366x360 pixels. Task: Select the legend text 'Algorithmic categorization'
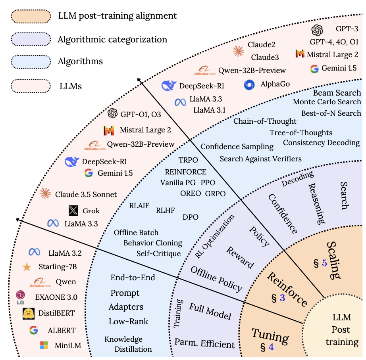pos(112,39)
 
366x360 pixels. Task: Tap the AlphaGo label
pos(275,84)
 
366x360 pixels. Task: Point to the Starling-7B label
pos(58,267)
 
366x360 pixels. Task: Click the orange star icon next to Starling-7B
pos(27,267)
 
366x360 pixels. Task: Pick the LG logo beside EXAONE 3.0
pos(20,297)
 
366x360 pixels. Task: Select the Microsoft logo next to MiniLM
pos(44,345)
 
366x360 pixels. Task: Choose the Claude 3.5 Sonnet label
pos(86,194)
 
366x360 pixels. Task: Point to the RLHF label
pos(165,210)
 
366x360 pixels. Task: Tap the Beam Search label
pos(337,93)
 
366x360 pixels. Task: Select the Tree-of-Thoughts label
pos(301,132)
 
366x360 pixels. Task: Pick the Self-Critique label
pos(158,253)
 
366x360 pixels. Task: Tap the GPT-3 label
pos(347,29)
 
